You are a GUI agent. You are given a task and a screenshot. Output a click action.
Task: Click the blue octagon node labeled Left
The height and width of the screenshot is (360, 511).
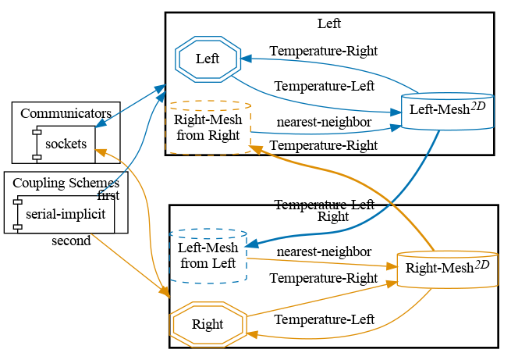coord(208,59)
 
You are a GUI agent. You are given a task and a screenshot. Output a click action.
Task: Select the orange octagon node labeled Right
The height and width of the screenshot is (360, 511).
coord(208,324)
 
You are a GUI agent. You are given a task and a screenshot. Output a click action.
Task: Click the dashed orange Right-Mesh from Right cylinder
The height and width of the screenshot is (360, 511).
coord(208,127)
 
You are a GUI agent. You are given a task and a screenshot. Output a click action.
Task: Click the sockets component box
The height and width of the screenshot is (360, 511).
coord(66,144)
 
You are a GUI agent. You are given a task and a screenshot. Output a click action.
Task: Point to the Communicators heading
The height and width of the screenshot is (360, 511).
coord(66,113)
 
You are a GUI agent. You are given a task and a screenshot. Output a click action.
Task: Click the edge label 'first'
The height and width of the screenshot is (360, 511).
coord(108,195)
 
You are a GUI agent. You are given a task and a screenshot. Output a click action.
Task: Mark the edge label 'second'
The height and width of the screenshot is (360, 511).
coord(71,241)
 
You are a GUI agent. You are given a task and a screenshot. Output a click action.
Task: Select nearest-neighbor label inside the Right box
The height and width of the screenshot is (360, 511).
coord(324,251)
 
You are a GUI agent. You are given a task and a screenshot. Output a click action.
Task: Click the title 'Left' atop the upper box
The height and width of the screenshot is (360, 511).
coord(329,23)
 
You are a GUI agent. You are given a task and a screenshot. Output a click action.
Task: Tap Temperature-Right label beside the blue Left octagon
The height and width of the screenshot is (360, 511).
coord(324,52)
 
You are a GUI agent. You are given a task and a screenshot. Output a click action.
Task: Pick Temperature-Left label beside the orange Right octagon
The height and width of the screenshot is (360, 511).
coord(324,319)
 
